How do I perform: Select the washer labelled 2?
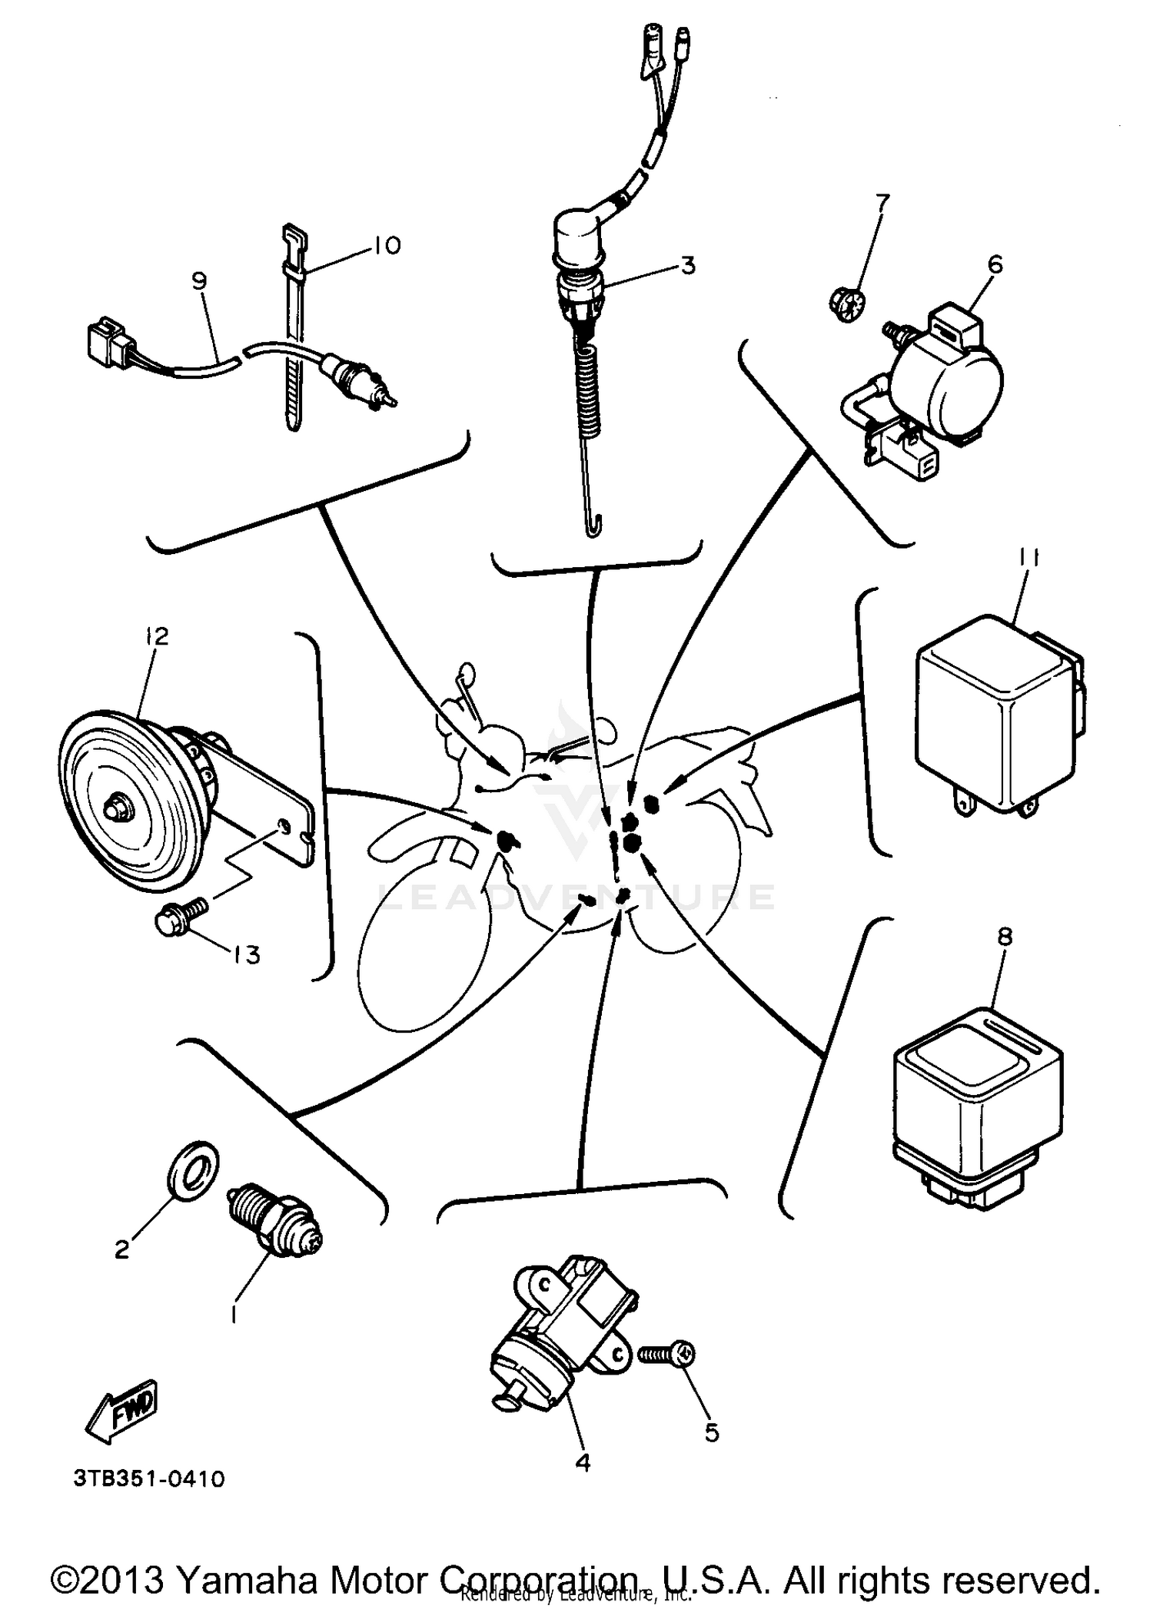pos(191,1171)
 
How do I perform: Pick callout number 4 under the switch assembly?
pos(583,1463)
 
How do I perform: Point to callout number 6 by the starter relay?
pos(995,265)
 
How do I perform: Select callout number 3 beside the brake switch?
pos(688,266)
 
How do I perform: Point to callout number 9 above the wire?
pos(199,281)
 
